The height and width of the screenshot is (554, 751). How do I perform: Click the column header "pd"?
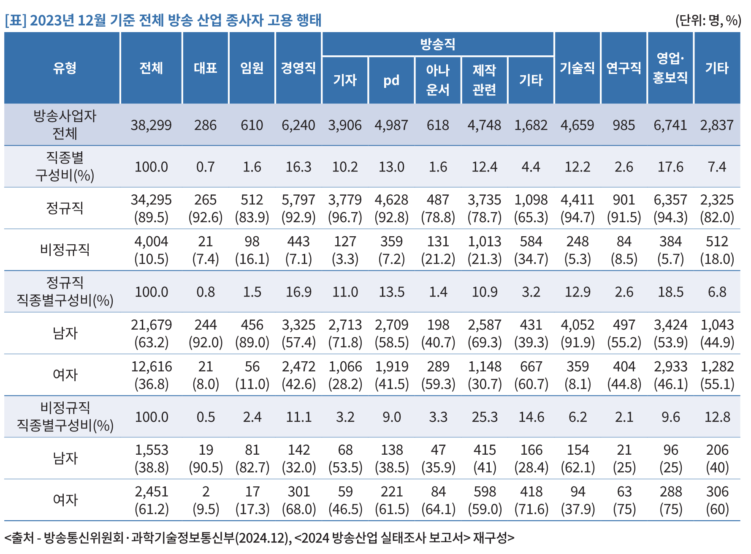point(391,80)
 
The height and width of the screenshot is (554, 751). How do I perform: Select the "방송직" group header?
point(438,44)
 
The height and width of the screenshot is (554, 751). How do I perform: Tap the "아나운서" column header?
point(438,80)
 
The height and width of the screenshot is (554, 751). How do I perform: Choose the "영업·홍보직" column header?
point(670,68)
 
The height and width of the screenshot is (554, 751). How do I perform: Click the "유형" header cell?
point(65,68)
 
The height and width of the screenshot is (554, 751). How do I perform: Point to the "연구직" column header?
point(624,68)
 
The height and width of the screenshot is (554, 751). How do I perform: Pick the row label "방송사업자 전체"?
point(65,125)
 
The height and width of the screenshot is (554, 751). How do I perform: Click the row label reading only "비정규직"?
point(65,250)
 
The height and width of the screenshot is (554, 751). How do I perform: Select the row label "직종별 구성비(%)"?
point(65,166)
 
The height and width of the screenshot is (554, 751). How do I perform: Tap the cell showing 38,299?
point(151,125)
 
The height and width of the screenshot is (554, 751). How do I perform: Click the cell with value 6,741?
point(670,125)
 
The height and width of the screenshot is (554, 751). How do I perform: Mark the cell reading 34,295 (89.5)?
point(151,208)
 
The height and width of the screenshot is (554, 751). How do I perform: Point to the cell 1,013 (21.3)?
point(485,250)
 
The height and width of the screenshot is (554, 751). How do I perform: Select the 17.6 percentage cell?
point(670,167)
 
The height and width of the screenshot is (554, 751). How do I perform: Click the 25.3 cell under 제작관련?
point(485,417)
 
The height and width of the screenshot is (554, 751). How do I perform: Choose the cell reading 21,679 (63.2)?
point(151,333)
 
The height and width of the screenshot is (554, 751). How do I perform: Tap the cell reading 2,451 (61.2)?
point(151,500)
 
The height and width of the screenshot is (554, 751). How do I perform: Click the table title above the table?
point(163,20)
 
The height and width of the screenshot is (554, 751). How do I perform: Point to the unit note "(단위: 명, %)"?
point(708,20)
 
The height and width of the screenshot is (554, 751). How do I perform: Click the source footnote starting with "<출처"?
point(259,538)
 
